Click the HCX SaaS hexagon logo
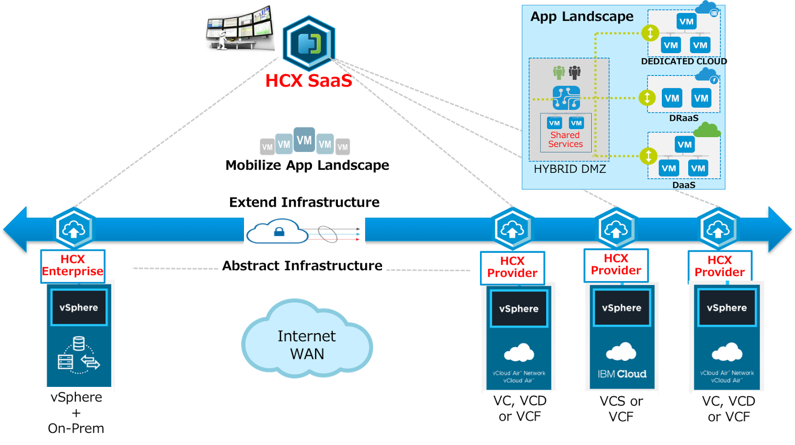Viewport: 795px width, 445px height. (309, 44)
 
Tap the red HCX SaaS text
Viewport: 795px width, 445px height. (309, 80)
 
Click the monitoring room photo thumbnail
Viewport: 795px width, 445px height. (239, 28)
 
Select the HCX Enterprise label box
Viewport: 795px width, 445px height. (73, 266)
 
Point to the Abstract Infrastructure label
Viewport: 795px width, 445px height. (302, 266)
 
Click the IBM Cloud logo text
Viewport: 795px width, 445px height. (622, 374)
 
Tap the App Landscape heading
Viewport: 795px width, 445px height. (582, 16)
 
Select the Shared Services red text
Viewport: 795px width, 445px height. (565, 140)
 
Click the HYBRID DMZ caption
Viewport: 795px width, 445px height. (570, 169)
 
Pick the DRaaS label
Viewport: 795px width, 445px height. (684, 118)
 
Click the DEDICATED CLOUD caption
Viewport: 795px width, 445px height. (683, 62)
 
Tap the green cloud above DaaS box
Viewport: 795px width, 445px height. (707, 131)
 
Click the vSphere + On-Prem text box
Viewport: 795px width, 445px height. (77, 413)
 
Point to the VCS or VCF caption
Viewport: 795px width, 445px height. (621, 409)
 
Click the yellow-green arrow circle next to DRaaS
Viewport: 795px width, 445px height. (646, 98)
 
